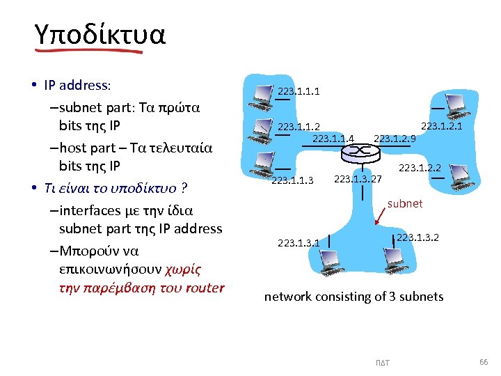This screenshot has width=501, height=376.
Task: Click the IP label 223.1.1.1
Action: [x=299, y=91]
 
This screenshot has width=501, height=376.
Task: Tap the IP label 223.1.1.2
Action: [x=299, y=126]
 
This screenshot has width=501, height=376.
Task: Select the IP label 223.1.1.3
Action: [x=292, y=181]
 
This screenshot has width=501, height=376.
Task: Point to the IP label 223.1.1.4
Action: [x=333, y=138]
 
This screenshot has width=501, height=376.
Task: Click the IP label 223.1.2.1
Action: [x=442, y=125]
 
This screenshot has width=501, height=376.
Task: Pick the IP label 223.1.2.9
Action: [x=395, y=138]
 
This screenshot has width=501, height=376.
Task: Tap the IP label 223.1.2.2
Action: [x=420, y=167]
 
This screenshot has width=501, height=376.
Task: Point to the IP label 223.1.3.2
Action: [x=418, y=237]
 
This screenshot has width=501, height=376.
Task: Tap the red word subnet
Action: [x=404, y=203]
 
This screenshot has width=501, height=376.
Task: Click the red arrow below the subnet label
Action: [x=381, y=219]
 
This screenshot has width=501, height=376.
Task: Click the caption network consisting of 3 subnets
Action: [x=353, y=297]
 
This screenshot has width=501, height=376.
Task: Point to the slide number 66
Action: [x=484, y=362]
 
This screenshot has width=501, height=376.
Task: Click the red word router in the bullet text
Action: [x=206, y=288]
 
